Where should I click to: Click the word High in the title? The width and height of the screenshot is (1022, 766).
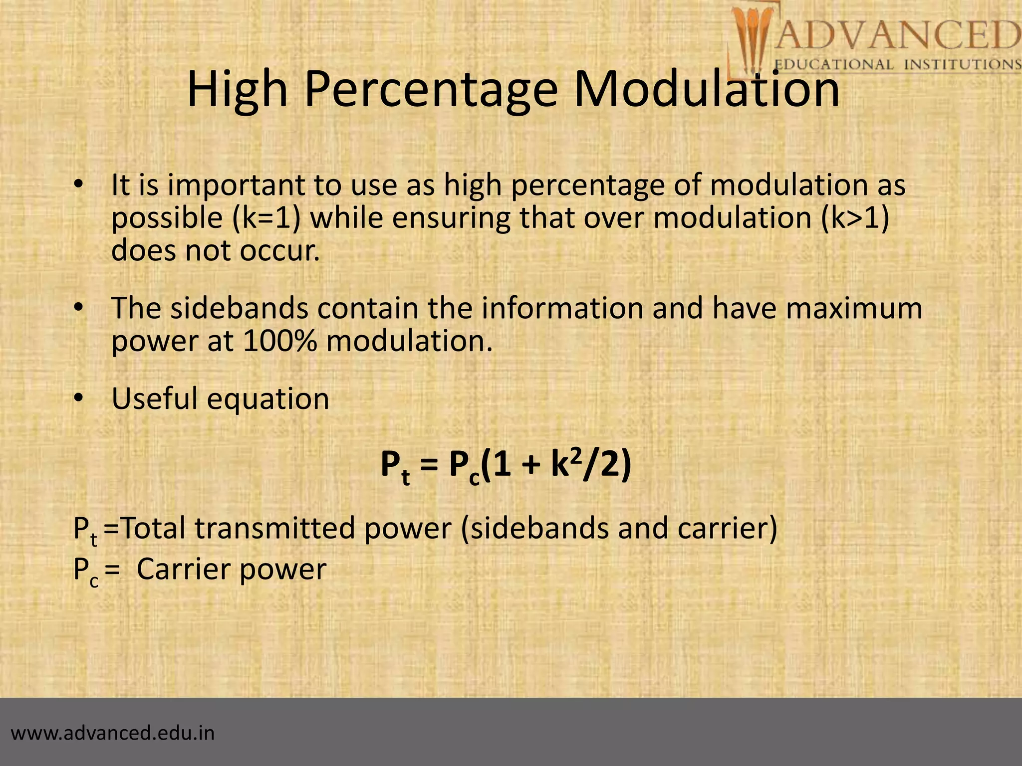[x=237, y=90]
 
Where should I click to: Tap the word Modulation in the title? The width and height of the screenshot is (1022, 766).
[x=707, y=90]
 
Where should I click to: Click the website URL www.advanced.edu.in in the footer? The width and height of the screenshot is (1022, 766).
[x=113, y=733]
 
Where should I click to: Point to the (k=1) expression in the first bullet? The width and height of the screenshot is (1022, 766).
[x=266, y=218]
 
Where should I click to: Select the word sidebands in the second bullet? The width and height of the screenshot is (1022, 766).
[x=240, y=308]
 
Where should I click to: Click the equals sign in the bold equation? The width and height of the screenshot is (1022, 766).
[x=430, y=467]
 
